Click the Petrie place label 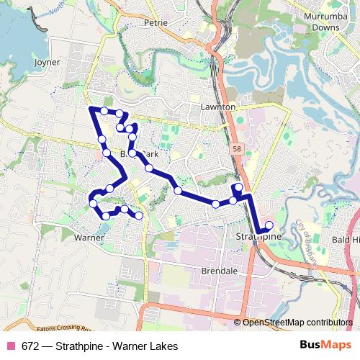(x=156, y=22)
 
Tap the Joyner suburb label (x=48, y=63)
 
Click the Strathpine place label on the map (x=257, y=236)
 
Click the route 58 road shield (x=236, y=149)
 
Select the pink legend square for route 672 (x=11, y=346)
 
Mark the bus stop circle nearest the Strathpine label (x=269, y=225)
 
